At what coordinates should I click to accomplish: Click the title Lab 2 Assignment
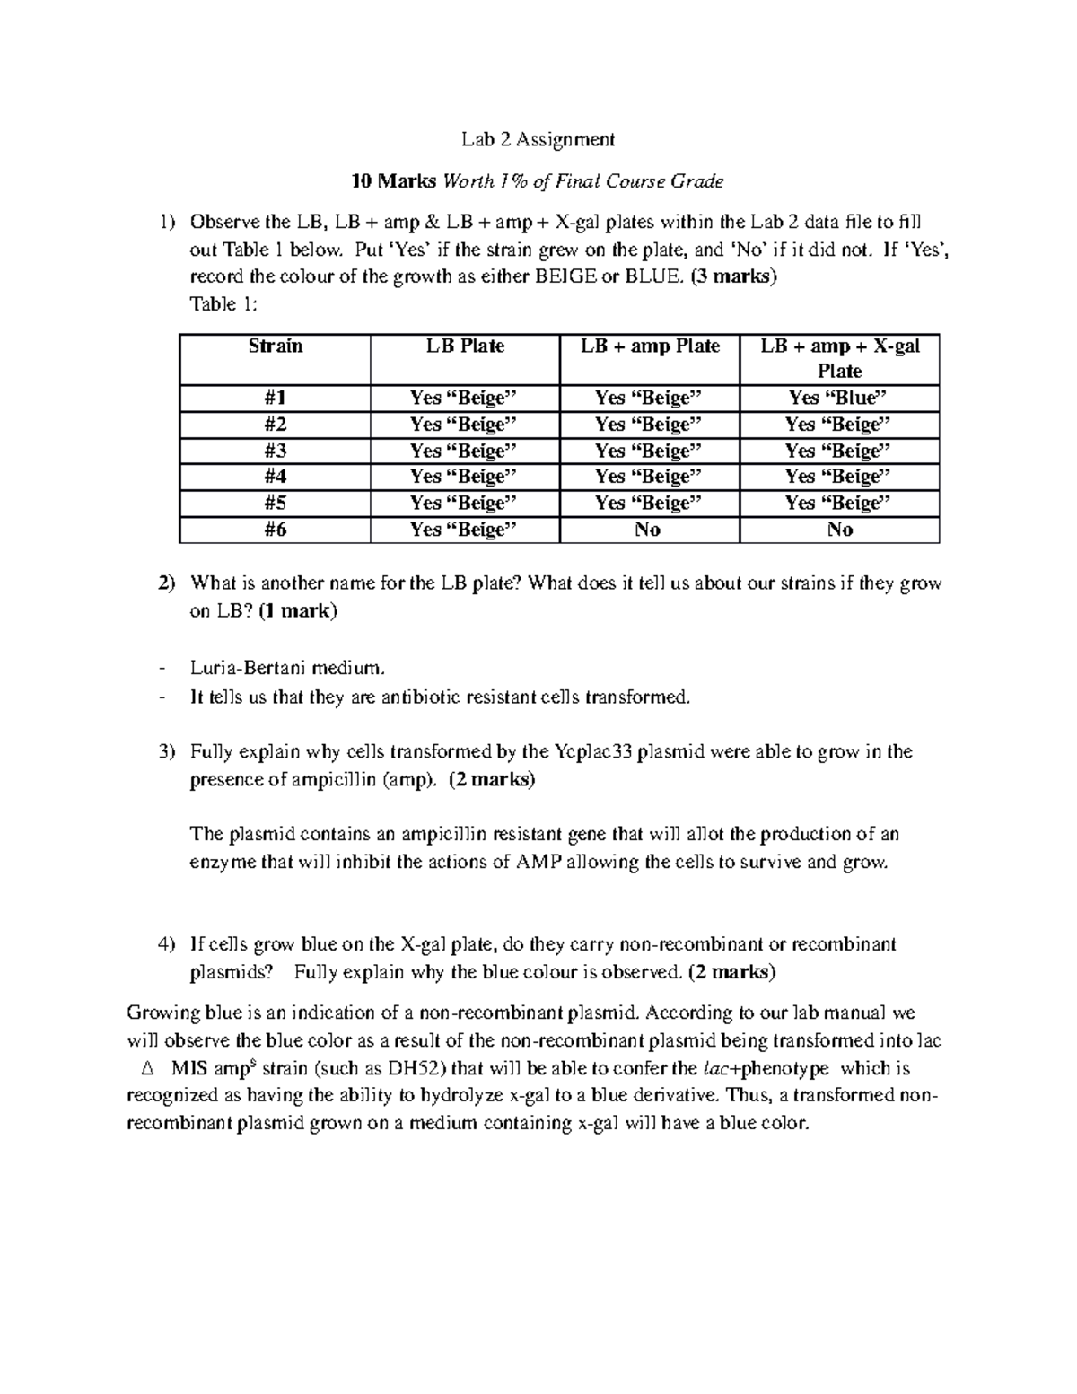click(x=538, y=139)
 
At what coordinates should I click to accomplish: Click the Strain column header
click(x=275, y=346)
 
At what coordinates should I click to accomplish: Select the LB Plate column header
click(x=465, y=346)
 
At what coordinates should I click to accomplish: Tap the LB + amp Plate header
click(x=650, y=346)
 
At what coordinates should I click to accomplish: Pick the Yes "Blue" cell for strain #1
click(x=838, y=398)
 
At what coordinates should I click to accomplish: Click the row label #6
click(x=275, y=530)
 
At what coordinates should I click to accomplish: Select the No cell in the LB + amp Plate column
click(x=647, y=530)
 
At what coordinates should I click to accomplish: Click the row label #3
click(x=275, y=451)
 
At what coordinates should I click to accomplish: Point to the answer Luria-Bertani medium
click(x=288, y=668)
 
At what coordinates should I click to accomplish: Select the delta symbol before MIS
click(x=148, y=1069)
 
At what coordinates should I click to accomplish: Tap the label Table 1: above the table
click(x=223, y=304)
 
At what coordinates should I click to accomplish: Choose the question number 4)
click(x=166, y=944)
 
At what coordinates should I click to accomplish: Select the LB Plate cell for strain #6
click(x=464, y=530)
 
